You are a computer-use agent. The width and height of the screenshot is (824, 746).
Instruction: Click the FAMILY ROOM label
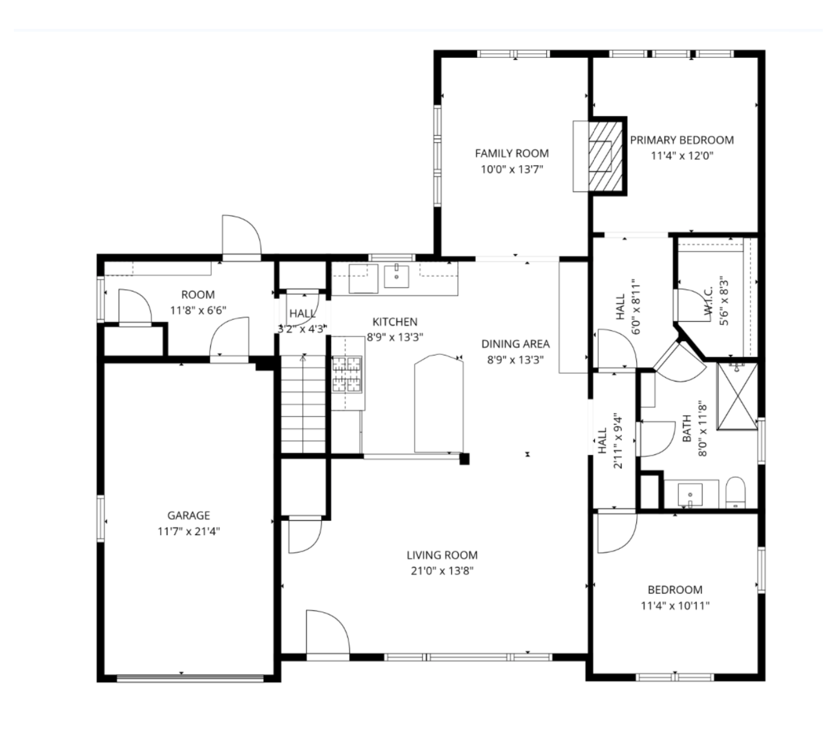tap(512, 153)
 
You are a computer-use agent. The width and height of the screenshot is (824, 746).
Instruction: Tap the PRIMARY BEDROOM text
tap(682, 140)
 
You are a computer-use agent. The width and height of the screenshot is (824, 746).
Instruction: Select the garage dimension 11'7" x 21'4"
tap(189, 531)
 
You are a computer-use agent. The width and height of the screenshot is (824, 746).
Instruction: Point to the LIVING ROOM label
tap(442, 556)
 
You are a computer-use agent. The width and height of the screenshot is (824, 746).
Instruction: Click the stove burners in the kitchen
tap(347, 374)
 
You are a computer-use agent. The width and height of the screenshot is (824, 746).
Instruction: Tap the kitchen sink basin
tap(396, 277)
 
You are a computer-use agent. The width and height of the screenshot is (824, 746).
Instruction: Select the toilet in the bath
tap(735, 492)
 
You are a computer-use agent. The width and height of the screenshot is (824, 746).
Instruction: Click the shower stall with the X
tap(737, 397)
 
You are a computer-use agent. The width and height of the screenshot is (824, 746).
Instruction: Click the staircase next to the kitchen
tap(303, 404)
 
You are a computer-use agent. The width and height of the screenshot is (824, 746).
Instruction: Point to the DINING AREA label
tap(516, 344)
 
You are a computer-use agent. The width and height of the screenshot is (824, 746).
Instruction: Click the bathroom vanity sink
tap(690, 495)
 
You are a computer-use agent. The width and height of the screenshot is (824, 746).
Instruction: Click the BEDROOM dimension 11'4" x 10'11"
tap(675, 606)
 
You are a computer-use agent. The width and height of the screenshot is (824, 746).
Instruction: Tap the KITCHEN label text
tap(395, 322)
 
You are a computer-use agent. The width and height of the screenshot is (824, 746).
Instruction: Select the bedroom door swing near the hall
tap(617, 533)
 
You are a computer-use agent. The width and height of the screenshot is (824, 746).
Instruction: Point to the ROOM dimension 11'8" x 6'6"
tap(198, 310)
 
